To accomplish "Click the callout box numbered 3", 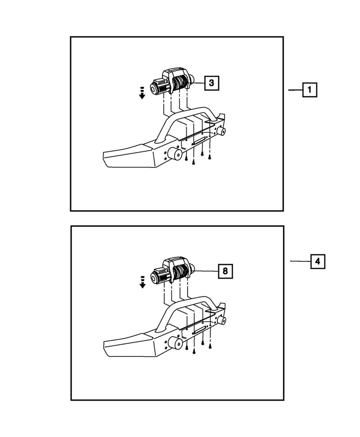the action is pos(211,83).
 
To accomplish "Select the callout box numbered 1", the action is pos(310,90).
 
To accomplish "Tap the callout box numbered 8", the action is pos(225,271).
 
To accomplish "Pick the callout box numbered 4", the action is pos(318,261).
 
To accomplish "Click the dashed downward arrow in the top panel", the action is pos(142,93).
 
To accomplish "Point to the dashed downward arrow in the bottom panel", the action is pos(143,282).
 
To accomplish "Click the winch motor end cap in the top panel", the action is pos(153,89).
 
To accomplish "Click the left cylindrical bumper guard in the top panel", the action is pos(175,154).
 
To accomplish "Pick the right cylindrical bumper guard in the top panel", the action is pos(221,131).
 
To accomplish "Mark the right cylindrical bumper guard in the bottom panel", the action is pos(221,320).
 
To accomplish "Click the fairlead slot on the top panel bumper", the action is pos(199,142).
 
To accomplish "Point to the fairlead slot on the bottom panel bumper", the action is pos(200,330).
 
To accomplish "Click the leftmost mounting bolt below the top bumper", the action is pos(186,158).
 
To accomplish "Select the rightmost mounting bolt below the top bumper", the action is pos(210,157).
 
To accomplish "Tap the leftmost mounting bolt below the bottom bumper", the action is pos(186,347).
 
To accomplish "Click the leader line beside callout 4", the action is pos(300,261).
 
